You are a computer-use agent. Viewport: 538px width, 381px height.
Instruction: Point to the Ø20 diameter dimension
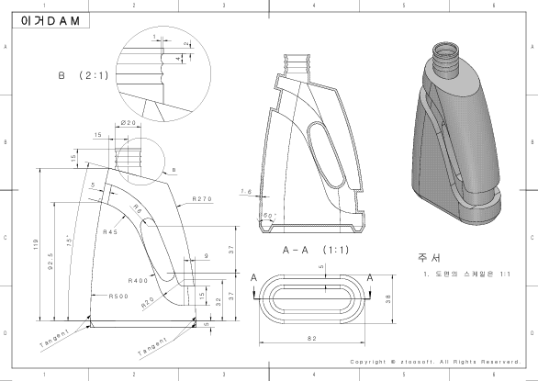[x=129, y=123]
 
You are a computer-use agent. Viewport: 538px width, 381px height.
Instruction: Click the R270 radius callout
[x=204, y=198]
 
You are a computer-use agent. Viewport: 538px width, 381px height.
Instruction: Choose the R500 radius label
[x=118, y=297]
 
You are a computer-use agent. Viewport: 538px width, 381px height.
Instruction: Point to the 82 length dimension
[x=313, y=340]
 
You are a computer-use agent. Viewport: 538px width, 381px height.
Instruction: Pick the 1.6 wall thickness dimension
[x=245, y=192]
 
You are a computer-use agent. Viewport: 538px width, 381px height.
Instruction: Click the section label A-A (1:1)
[x=308, y=249]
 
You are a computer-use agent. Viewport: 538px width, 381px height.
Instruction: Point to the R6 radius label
[x=137, y=210]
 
